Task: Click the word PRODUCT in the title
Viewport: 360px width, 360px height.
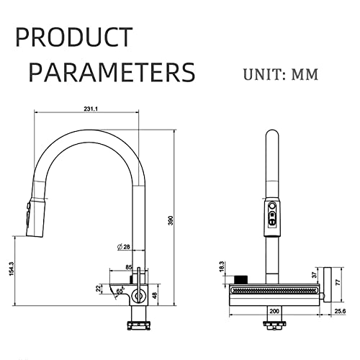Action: pyautogui.click(x=74, y=37)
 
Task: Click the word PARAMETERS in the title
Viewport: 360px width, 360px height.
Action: pyautogui.click(x=112, y=72)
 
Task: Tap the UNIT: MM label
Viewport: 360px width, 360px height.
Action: pyautogui.click(x=281, y=74)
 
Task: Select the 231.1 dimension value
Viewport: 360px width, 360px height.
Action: pyautogui.click(x=91, y=109)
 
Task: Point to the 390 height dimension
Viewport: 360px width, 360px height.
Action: pyautogui.click(x=171, y=220)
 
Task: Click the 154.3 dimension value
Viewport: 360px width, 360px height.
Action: pyautogui.click(x=12, y=269)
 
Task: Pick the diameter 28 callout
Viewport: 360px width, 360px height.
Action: pyautogui.click(x=124, y=246)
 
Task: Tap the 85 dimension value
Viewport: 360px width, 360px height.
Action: pyautogui.click(x=129, y=267)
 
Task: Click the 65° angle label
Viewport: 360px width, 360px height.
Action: pyautogui.click(x=120, y=291)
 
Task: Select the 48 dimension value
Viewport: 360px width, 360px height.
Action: pyautogui.click(x=156, y=295)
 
